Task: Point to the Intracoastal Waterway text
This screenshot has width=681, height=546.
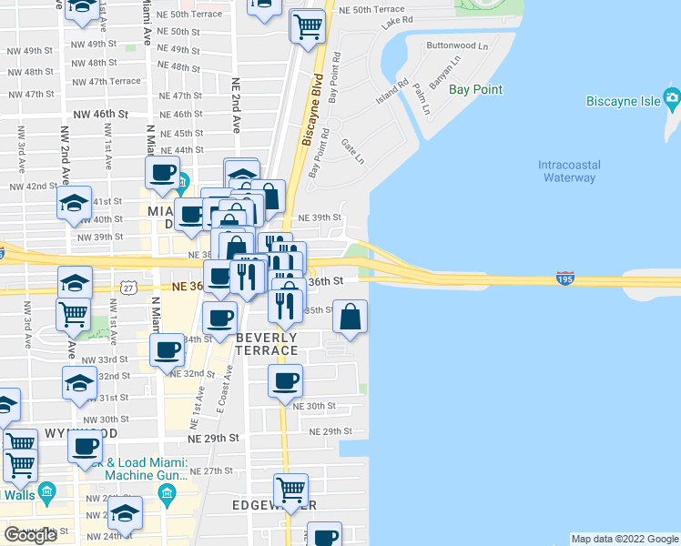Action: click(566, 171)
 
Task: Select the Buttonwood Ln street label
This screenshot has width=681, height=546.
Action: click(457, 45)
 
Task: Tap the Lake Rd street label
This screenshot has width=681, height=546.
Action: click(397, 19)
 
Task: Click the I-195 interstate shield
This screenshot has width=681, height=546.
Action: click(564, 278)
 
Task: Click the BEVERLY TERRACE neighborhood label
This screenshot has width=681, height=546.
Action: click(267, 344)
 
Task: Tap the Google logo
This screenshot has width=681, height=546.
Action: click(30, 535)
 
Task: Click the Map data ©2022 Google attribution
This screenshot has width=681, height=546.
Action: click(625, 539)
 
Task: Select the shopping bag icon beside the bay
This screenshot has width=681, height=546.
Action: click(351, 317)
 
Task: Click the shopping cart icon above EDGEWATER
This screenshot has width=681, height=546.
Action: click(291, 490)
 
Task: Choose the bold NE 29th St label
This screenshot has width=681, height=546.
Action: click(212, 438)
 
